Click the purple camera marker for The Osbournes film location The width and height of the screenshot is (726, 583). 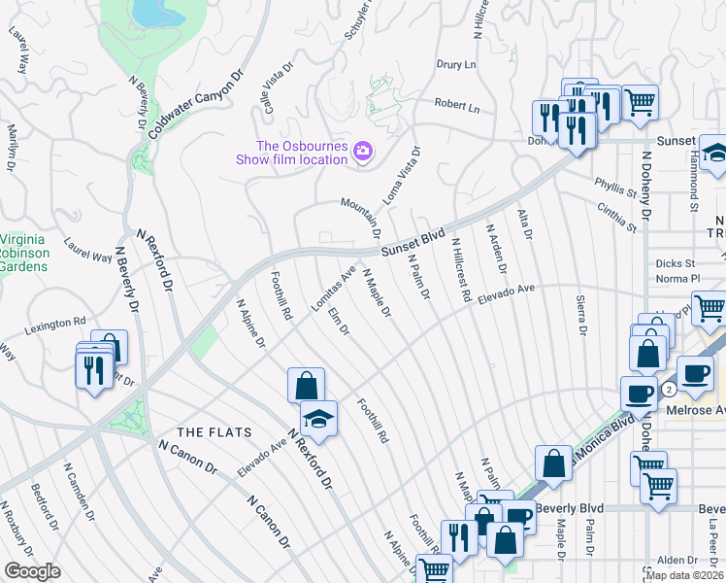click(363, 151)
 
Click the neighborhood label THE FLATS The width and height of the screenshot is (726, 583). click(214, 431)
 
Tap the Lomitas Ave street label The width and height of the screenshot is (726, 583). click(333, 288)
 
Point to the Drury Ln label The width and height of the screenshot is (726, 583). click(456, 65)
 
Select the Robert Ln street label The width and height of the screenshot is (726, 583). click(457, 105)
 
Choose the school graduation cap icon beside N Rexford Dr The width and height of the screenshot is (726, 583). click(318, 419)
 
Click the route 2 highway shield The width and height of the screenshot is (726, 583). click(668, 389)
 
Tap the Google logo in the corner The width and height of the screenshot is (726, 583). click(32, 570)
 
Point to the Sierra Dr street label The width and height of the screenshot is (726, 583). click(581, 316)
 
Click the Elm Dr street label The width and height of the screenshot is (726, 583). click(339, 322)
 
